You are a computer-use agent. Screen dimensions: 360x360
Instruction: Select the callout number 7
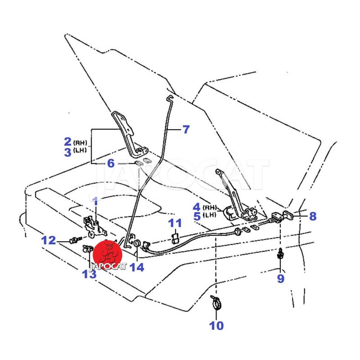coord(185,130)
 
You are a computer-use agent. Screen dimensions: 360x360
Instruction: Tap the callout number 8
coord(312,216)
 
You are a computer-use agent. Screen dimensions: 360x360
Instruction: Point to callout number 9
coord(280,279)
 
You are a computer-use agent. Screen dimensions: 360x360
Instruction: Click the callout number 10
coord(216,325)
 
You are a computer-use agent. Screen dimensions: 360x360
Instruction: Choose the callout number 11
coord(175,223)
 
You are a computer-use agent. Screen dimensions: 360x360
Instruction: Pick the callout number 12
coord(49,240)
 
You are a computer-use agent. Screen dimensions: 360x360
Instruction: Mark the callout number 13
coord(89,273)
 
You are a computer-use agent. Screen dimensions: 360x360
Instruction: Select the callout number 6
coord(111,163)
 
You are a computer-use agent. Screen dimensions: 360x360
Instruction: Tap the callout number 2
coord(67,142)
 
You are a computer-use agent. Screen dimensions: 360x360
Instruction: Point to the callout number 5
coord(196,216)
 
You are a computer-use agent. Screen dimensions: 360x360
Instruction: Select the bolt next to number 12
coord(73,240)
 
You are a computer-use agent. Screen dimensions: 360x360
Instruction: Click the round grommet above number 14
coord(135,243)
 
